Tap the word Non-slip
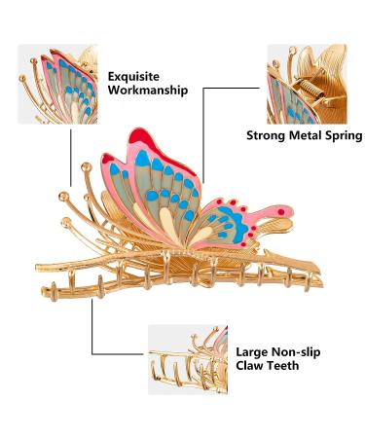pos(298,351)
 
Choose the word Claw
pos(252,367)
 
